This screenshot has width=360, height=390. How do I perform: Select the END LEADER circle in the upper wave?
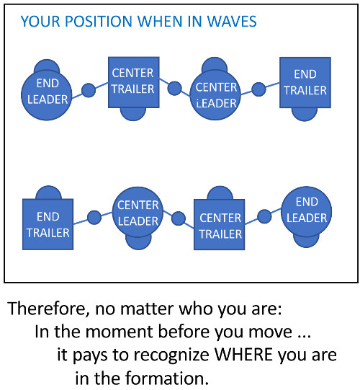coord(47,95)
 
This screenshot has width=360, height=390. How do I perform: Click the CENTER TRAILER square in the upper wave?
coord(134,82)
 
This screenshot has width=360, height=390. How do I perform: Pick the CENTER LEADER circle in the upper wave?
coord(215,94)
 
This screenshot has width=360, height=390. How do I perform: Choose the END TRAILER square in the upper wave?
coord(305,83)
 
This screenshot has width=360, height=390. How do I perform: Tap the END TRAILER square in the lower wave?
coord(48,224)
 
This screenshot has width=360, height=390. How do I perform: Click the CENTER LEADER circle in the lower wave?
coord(138,212)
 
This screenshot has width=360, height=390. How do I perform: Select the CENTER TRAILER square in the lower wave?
coord(220,224)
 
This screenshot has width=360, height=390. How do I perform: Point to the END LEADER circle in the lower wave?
coord(307,212)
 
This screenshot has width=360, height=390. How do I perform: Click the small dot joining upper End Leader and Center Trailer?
coord(89,90)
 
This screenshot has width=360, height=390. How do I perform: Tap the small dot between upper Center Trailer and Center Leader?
coord(174,88)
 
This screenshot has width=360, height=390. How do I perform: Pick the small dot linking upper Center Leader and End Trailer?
coord(258,89)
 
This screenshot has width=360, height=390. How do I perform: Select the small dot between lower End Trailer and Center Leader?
coord(94,218)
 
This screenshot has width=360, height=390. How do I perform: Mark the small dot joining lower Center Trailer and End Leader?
coord(264,216)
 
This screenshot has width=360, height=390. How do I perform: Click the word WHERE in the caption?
coord(244,355)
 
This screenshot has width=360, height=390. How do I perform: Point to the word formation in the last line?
coord(166,378)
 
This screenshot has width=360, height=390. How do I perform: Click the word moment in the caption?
coord(119,332)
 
